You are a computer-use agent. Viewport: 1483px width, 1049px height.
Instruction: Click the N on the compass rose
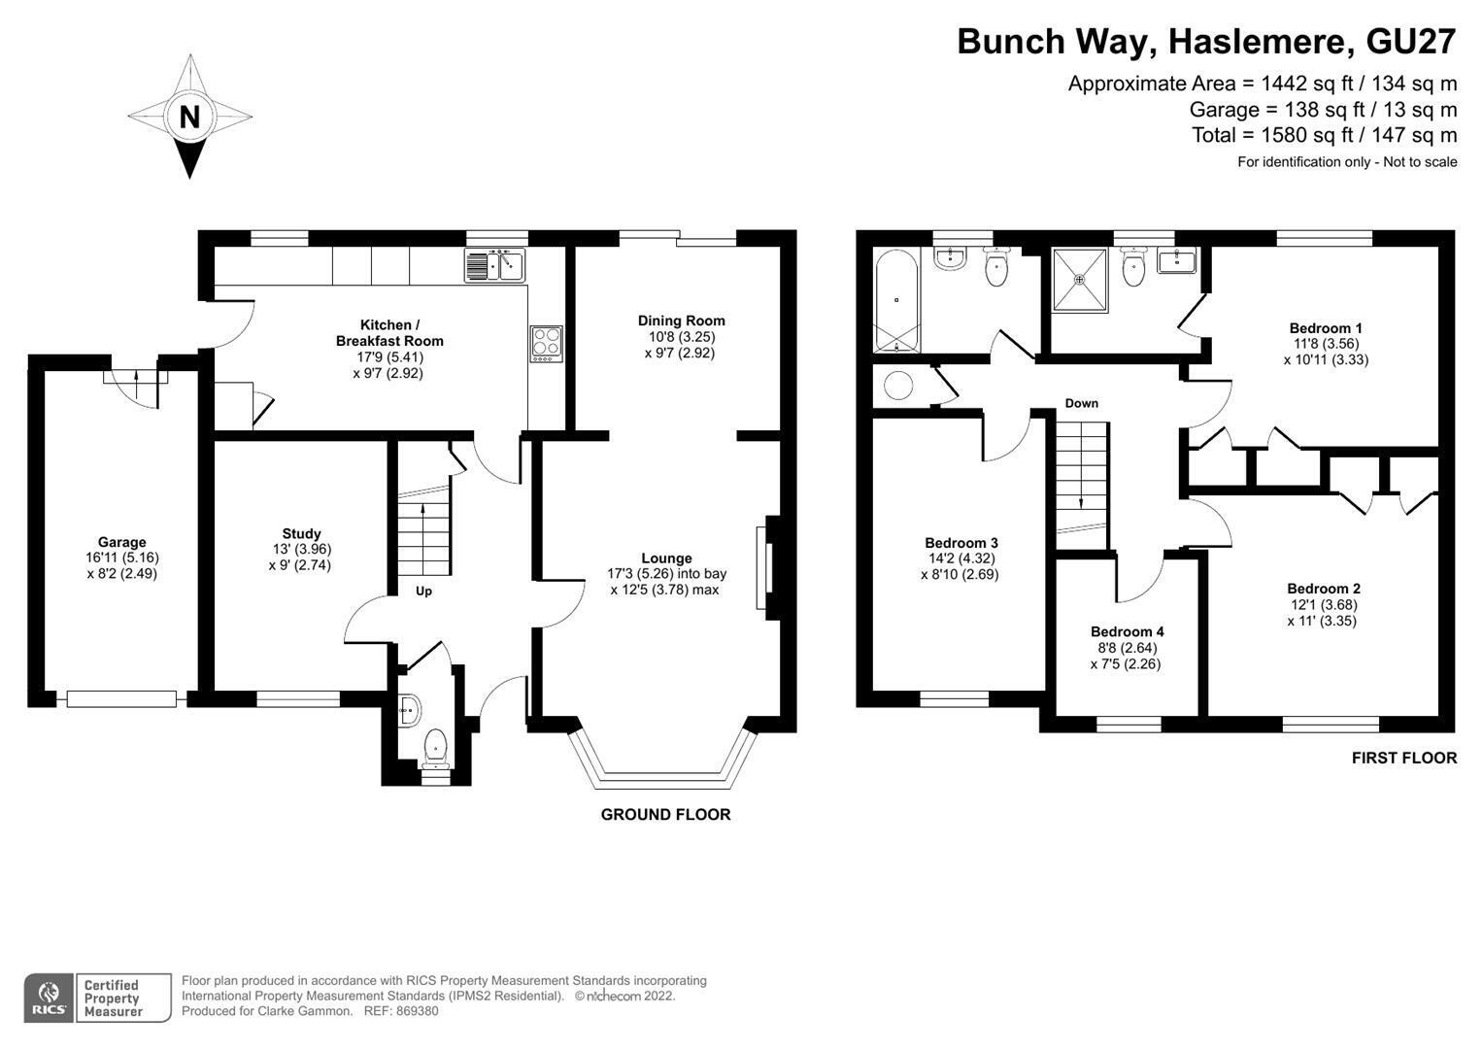pyautogui.click(x=190, y=118)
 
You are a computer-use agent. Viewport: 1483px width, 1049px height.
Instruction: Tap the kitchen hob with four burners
pyautogui.click(x=546, y=344)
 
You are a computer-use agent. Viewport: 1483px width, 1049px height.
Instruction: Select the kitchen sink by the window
pyautogui.click(x=495, y=265)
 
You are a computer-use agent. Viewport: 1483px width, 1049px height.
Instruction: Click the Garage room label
pyautogui.click(x=121, y=542)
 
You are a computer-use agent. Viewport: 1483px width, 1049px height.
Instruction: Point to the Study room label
pyautogui.click(x=301, y=534)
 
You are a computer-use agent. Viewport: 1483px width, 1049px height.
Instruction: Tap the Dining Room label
pyautogui.click(x=681, y=321)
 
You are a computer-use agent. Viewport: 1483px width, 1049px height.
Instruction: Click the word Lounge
pyautogui.click(x=666, y=558)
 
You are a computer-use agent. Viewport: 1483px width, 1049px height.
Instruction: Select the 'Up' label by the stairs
pyautogui.click(x=423, y=591)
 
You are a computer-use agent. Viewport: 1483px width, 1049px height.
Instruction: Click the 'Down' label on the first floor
pyautogui.click(x=1082, y=403)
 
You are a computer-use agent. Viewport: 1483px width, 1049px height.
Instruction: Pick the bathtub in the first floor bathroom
pyautogui.click(x=897, y=301)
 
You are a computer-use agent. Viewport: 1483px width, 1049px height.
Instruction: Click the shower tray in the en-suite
pyautogui.click(x=1080, y=280)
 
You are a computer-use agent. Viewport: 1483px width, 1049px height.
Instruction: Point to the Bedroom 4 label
pyautogui.click(x=1128, y=631)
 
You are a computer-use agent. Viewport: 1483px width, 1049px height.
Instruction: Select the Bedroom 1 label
pyautogui.click(x=1326, y=328)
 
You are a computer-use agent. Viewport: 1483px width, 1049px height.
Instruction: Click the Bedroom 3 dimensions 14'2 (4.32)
pyautogui.click(x=962, y=558)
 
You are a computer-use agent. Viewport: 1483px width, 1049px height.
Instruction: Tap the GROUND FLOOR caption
pyautogui.click(x=666, y=815)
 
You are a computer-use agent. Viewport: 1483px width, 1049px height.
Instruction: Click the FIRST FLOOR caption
pyautogui.click(x=1404, y=759)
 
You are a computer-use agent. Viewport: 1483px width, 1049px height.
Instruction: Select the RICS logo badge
pyautogui.click(x=49, y=998)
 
